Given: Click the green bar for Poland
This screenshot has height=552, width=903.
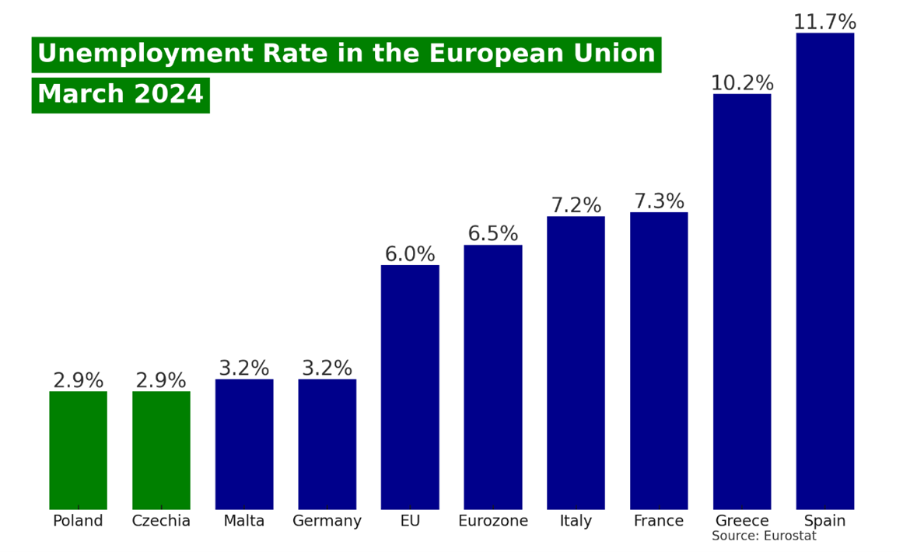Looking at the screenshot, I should pyautogui.click(x=78, y=450).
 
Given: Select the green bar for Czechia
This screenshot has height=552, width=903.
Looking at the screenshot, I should pyautogui.click(x=161, y=450).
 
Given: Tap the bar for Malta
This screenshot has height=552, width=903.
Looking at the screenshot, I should pyautogui.click(x=244, y=444).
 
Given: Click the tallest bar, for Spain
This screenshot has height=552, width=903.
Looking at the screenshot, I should pyautogui.click(x=824, y=271).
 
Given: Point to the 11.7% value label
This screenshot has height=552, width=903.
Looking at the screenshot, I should pyautogui.click(x=824, y=23).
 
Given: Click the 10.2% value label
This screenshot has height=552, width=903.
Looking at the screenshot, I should pyautogui.click(x=742, y=83).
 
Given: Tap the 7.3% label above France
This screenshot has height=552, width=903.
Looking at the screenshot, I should pyautogui.click(x=659, y=201).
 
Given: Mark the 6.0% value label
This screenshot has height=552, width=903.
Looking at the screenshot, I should pyautogui.click(x=410, y=254).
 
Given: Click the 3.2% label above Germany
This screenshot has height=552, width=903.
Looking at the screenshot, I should pyautogui.click(x=327, y=369).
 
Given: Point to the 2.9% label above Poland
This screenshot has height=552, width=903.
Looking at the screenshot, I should pyautogui.click(x=78, y=381).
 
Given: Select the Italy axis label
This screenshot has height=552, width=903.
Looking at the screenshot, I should pyautogui.click(x=576, y=521).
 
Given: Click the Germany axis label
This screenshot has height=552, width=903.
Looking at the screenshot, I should pyautogui.click(x=327, y=521).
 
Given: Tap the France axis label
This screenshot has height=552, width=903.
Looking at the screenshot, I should pyautogui.click(x=659, y=521).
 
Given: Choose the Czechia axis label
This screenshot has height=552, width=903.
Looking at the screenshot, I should pyautogui.click(x=161, y=521).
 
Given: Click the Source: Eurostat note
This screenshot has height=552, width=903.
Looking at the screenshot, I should pyautogui.click(x=764, y=536).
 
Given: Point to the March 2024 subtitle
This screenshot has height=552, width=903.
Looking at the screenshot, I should pyautogui.click(x=121, y=94).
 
